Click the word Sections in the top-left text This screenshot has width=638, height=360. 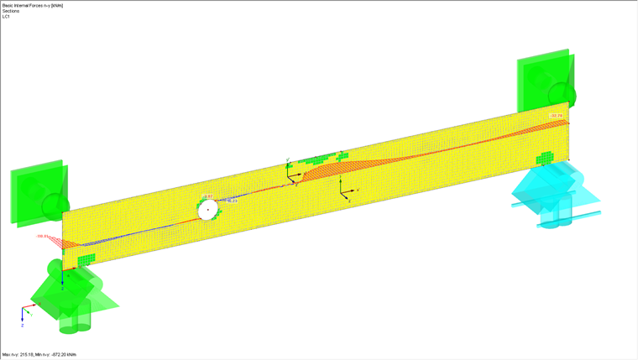(11, 11)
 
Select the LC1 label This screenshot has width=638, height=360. (6, 17)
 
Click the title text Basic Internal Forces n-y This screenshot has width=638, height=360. (32, 5)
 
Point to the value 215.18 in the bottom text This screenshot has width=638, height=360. (31, 355)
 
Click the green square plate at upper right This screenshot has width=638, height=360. (544, 84)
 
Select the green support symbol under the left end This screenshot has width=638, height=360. (67, 294)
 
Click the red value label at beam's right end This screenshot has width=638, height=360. (555, 116)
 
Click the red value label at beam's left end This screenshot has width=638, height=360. (43, 237)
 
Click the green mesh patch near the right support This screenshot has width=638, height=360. (546, 158)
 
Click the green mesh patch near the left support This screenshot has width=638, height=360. (86, 259)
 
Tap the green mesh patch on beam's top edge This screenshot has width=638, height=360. (319, 158)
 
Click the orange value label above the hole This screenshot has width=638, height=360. (207, 196)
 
